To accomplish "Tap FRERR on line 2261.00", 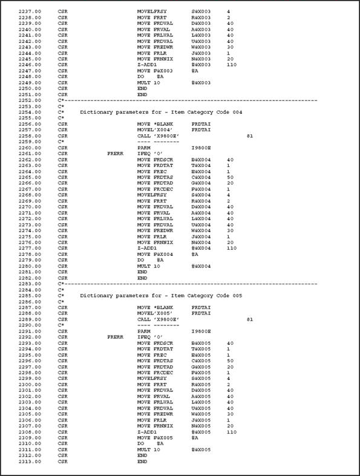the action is click(115, 154).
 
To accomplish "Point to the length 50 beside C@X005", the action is click(230, 361).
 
